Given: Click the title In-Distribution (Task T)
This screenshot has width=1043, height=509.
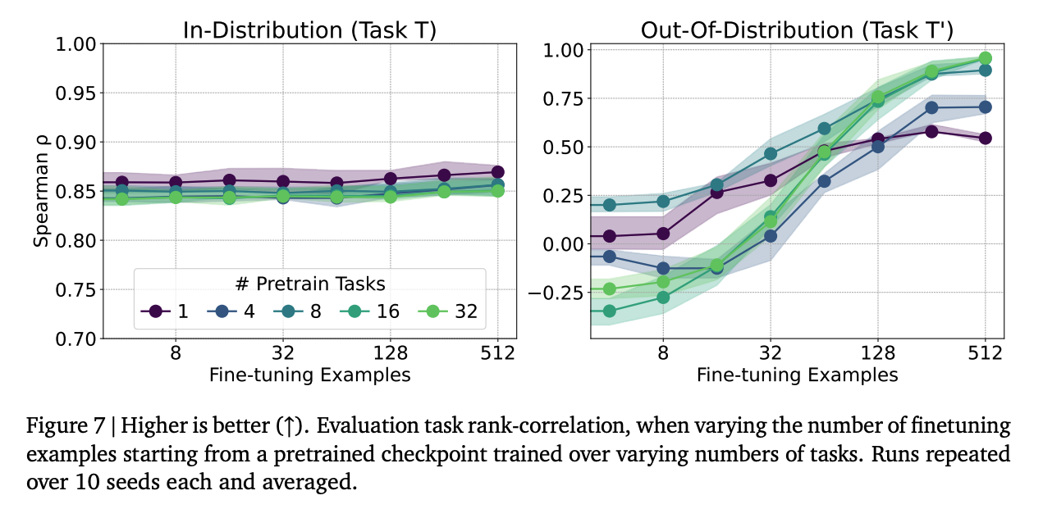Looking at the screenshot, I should click(x=308, y=30).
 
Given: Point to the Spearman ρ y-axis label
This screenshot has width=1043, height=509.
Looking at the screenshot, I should click(x=42, y=191).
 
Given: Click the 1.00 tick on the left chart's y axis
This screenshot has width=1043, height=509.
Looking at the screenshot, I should click(x=76, y=43).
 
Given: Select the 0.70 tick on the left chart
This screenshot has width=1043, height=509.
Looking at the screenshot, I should click(x=76, y=339).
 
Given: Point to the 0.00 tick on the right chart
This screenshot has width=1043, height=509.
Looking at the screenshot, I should click(x=564, y=244).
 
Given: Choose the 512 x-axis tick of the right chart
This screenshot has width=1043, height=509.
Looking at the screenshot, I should click(x=986, y=354).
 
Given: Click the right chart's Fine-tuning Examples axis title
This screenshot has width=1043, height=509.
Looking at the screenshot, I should click(x=797, y=375).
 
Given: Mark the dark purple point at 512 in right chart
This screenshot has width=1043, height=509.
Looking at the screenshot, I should click(x=986, y=138).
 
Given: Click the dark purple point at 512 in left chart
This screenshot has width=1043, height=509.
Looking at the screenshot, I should click(x=498, y=172).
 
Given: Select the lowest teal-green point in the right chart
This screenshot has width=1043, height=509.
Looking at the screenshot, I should click(x=609, y=311).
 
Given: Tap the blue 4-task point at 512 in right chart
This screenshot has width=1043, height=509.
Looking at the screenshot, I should click(x=986, y=107).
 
